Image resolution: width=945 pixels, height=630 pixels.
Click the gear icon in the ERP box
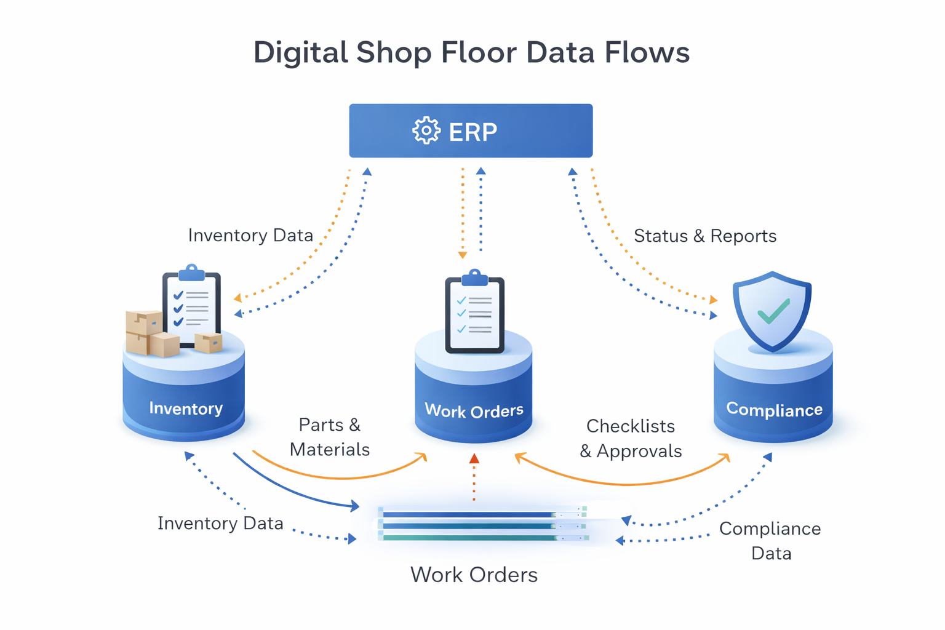click(426, 131)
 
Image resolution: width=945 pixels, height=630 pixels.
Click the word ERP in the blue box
click(473, 132)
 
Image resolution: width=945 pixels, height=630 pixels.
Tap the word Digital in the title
click(301, 52)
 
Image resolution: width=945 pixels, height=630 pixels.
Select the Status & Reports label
click(705, 236)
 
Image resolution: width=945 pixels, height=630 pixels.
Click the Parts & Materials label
click(330, 437)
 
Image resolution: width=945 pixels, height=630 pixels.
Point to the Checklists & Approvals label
click(631, 439)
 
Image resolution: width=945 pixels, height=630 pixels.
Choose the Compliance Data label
click(770, 541)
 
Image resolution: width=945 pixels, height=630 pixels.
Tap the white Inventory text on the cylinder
click(186, 409)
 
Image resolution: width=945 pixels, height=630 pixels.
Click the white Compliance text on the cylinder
click(774, 410)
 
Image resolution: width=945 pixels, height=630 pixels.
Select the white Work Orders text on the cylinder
click(474, 410)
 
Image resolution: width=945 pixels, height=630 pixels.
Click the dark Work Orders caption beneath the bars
click(474, 575)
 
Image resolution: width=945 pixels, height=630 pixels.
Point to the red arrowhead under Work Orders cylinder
click(474, 459)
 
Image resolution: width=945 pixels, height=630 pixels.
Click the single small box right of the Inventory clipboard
click(209, 342)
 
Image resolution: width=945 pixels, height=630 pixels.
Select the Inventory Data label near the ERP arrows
click(250, 236)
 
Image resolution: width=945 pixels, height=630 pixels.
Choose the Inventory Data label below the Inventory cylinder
click(220, 524)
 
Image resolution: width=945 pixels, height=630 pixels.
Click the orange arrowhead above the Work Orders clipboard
click(463, 255)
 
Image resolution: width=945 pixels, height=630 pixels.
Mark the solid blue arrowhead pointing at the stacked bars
click(354, 506)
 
